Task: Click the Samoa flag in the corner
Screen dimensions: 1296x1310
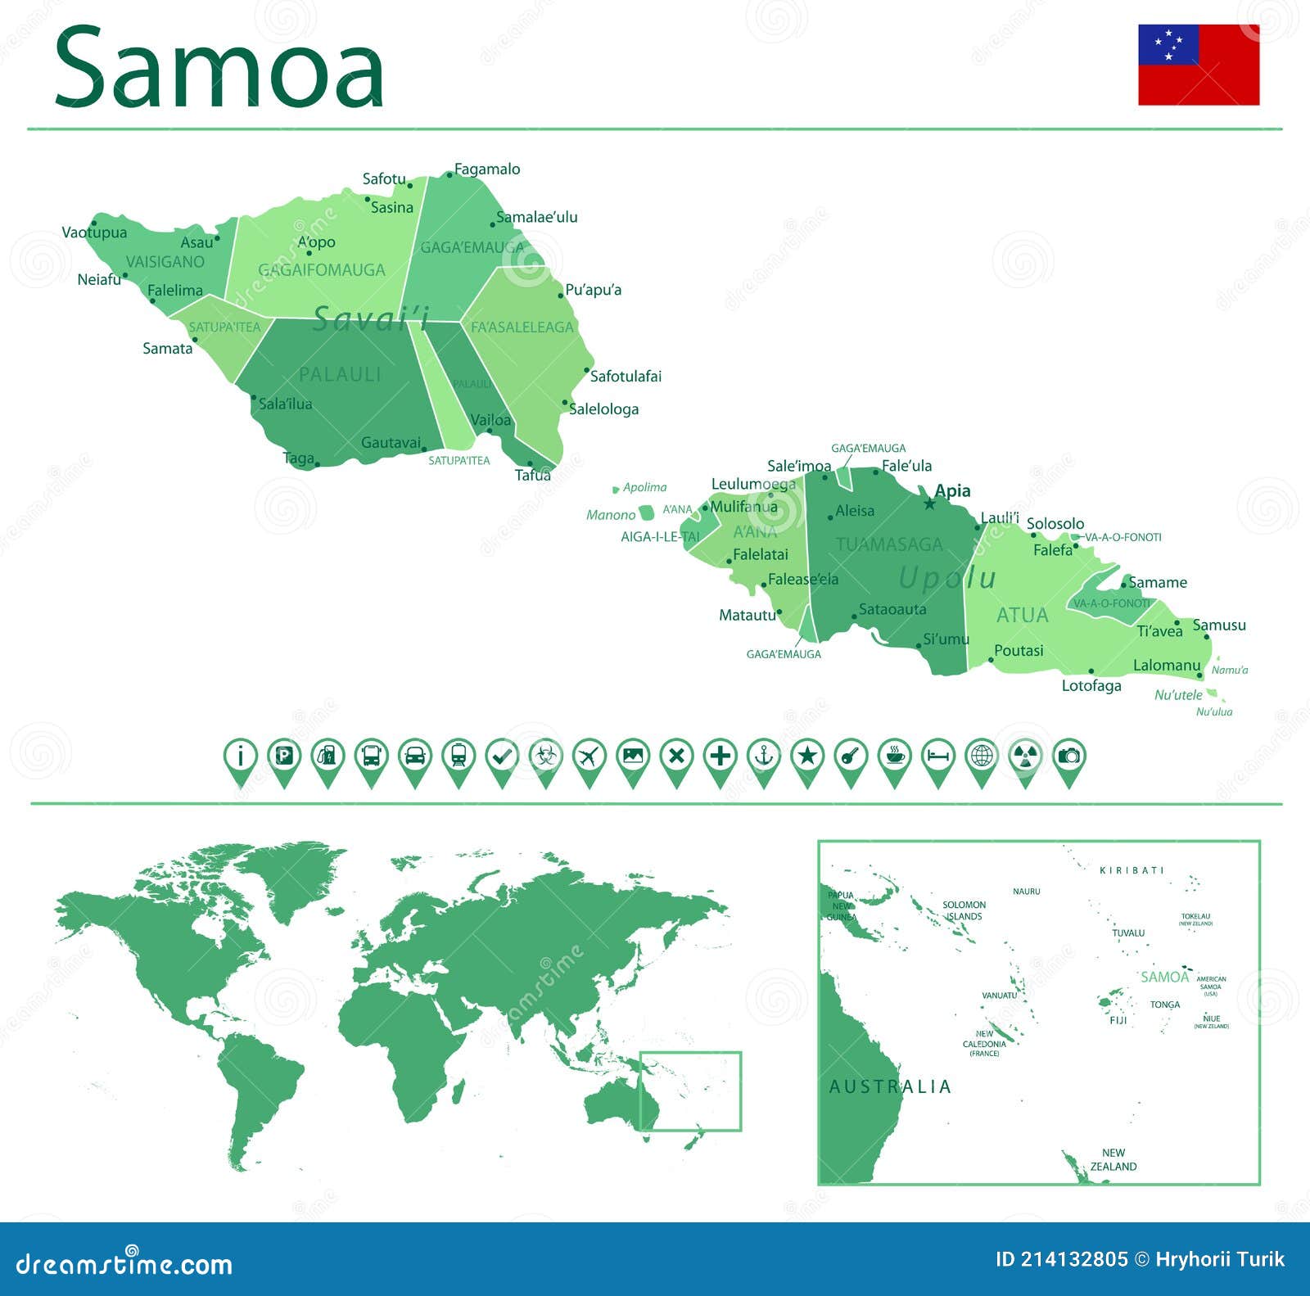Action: (1198, 65)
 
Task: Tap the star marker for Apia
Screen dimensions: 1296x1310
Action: (929, 503)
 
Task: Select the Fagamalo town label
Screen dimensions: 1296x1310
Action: (487, 169)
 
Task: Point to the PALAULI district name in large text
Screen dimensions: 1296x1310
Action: (340, 374)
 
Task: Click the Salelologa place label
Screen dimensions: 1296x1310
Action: (603, 409)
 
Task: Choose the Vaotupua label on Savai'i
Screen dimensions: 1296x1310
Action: (94, 233)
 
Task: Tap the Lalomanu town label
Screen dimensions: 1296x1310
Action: (1166, 666)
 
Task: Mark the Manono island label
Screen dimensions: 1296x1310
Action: (611, 515)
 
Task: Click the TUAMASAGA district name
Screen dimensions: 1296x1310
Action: (889, 544)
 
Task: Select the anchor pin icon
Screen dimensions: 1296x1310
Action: (763, 756)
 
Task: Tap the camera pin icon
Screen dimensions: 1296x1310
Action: (1068, 756)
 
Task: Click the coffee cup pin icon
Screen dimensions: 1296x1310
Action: (894, 756)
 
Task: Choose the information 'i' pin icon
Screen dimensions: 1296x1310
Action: (241, 756)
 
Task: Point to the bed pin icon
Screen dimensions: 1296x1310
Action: (937, 756)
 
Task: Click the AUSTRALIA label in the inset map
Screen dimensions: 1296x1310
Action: (890, 1087)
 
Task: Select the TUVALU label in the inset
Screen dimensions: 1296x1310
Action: (1128, 933)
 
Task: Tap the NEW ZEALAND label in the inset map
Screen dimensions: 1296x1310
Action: (1113, 1159)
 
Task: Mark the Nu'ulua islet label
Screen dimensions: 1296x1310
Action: (1213, 712)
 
